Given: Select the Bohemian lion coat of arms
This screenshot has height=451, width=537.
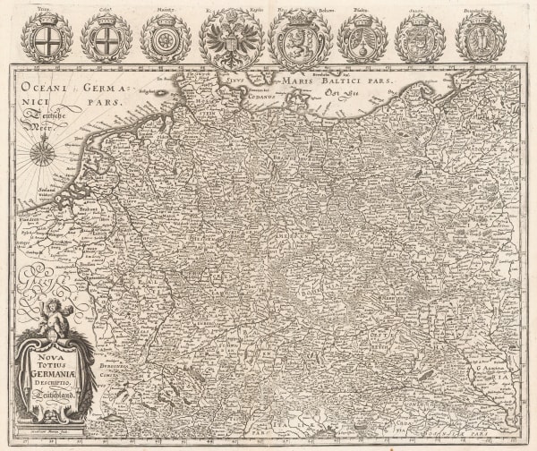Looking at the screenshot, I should (x=299, y=38).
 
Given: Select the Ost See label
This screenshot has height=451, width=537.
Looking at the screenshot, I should (x=341, y=93).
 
